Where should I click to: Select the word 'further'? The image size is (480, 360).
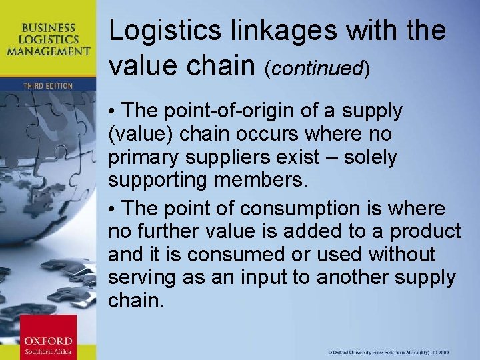(167, 231)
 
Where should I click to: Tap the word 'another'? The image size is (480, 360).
(347, 277)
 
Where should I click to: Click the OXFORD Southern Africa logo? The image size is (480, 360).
(48, 337)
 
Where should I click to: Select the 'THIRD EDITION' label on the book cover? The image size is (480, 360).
(49, 86)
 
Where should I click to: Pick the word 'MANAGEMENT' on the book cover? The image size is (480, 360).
(57, 51)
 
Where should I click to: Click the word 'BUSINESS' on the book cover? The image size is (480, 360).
(48, 28)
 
